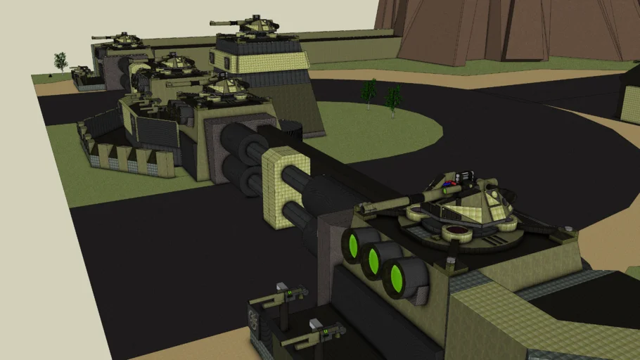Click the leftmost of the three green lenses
point(353,244)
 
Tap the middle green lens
point(377,258)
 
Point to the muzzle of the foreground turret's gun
point(361,208)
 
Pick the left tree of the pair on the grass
point(368,91)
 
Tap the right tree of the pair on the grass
point(393,98)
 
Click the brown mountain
point(506,28)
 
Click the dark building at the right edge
point(629,95)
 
